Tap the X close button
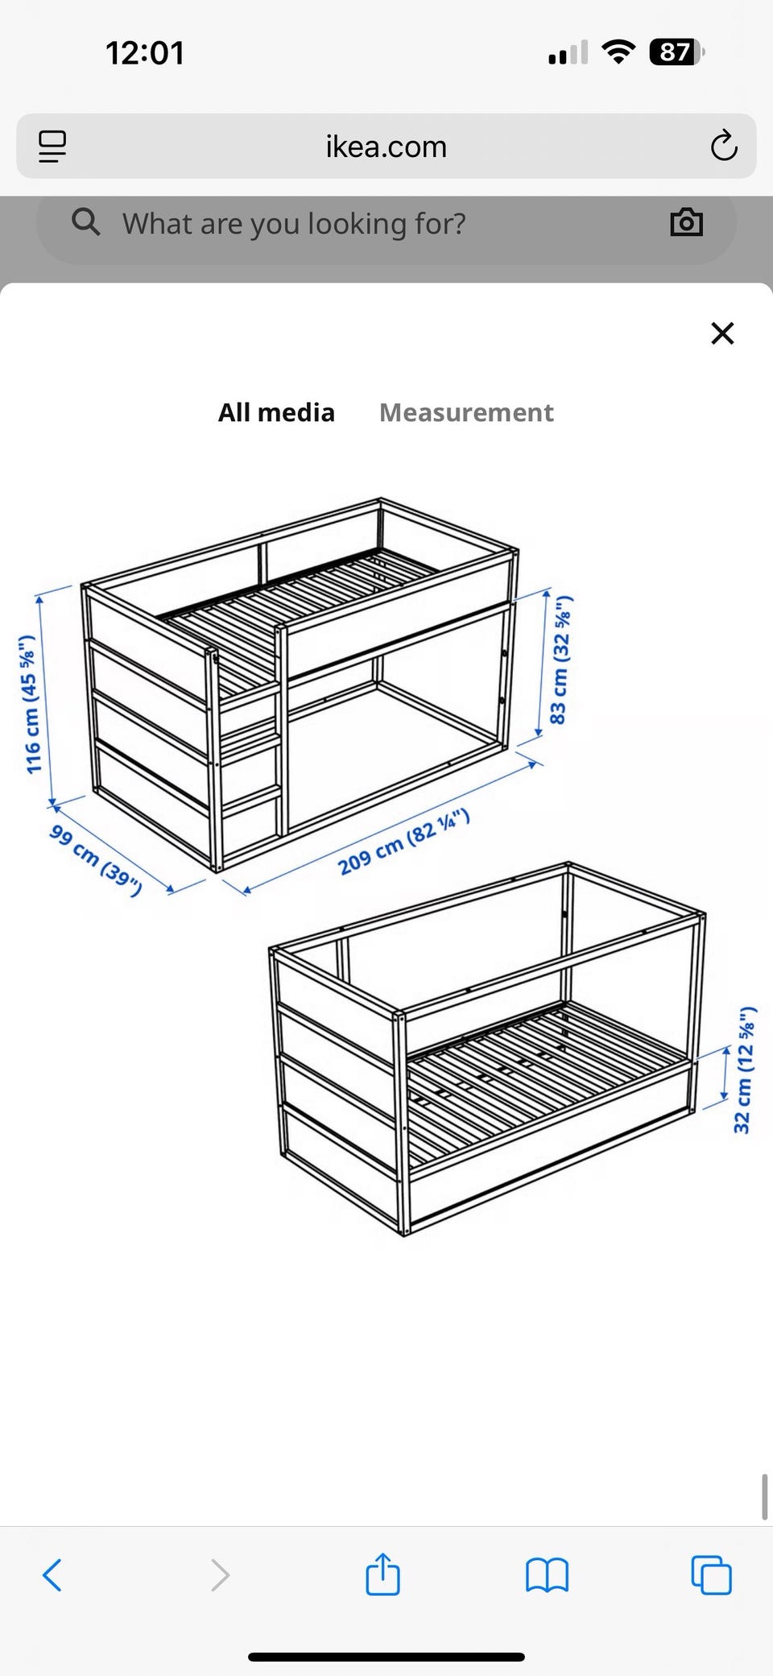[722, 333]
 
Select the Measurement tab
[466, 412]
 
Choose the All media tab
[276, 412]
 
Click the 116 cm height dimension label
[30, 704]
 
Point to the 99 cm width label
[95, 860]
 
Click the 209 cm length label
[403, 842]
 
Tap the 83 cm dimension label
[560, 660]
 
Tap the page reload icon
[724, 146]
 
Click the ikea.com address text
[386, 147]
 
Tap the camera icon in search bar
[687, 221]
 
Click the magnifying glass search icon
[86, 221]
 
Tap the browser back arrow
[52, 1575]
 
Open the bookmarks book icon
[547, 1575]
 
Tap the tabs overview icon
[712, 1575]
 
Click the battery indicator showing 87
[676, 52]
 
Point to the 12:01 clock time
[145, 53]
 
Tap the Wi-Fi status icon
[618, 52]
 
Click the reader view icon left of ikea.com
[52, 147]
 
